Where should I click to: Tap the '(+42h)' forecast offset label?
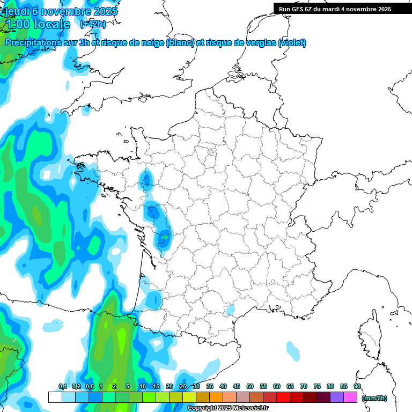click(x=93, y=24)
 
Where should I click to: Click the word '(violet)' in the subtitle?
click(x=292, y=43)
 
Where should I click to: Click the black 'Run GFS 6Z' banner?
click(x=342, y=9)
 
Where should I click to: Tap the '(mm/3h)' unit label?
click(x=374, y=398)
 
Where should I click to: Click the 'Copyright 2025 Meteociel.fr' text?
click(x=228, y=408)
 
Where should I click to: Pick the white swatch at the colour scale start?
click(x=55, y=397)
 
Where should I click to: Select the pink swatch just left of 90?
click(x=350, y=397)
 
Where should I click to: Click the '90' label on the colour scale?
click(x=357, y=386)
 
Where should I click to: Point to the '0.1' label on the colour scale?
click(x=62, y=386)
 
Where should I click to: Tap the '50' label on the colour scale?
click(x=250, y=386)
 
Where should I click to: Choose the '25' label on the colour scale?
click(x=183, y=386)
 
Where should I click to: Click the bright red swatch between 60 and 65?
click(x=283, y=397)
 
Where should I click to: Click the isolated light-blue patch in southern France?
click(x=231, y=310)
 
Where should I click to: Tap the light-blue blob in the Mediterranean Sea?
click(x=293, y=351)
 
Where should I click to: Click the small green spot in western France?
click(x=165, y=237)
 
